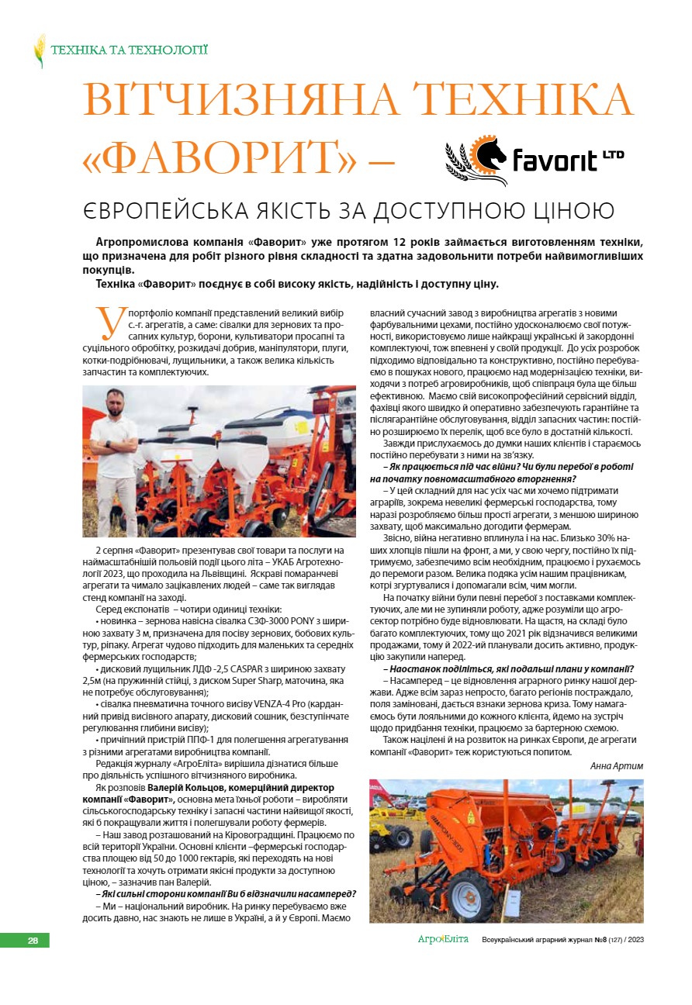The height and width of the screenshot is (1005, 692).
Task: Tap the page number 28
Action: point(33,940)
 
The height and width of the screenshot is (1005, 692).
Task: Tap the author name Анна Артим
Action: point(617,765)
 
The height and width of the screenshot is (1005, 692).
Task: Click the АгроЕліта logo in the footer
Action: point(443,939)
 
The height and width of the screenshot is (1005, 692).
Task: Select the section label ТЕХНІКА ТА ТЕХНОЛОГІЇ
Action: point(129,50)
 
